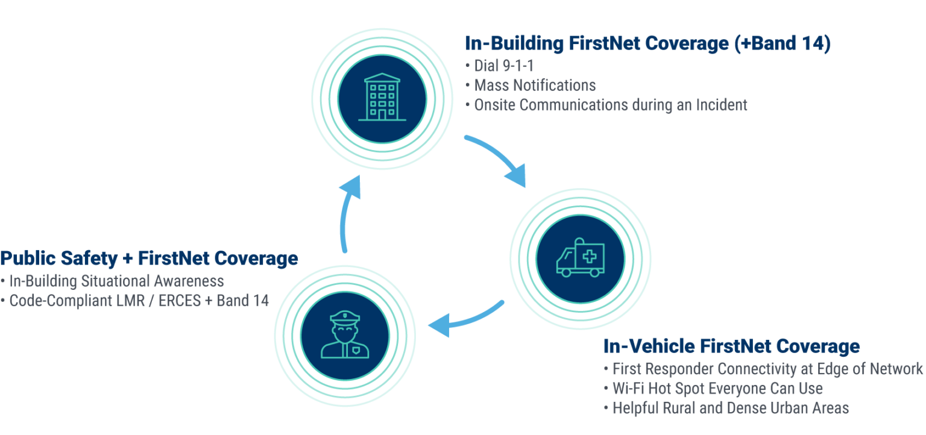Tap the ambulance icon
[x=581, y=257]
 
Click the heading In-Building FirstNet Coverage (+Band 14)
[x=647, y=44]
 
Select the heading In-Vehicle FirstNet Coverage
[x=731, y=346]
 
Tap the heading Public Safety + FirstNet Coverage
[x=149, y=258]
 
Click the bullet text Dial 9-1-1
[x=503, y=66]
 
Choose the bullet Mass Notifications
[x=535, y=85]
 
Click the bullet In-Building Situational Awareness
[x=116, y=281]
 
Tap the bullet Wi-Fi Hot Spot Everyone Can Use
[x=717, y=389]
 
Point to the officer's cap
[x=345, y=318]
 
